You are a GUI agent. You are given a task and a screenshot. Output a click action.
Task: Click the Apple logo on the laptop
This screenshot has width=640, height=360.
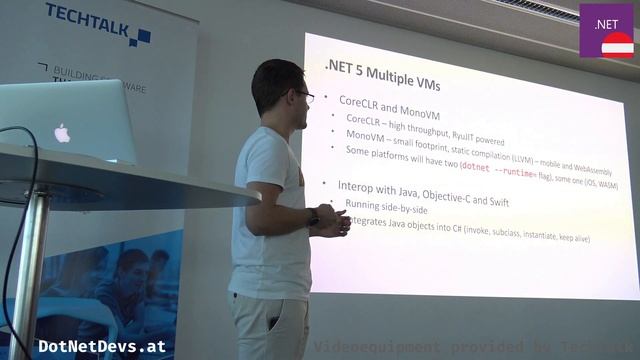coord(62,132)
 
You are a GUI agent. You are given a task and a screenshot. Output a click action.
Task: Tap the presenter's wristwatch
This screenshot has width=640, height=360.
coord(313,218)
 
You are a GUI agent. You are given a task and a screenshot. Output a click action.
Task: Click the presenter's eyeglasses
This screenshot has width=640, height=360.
coord(303,96)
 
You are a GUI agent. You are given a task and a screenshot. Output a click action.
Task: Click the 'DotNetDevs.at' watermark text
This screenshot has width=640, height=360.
coord(100,347)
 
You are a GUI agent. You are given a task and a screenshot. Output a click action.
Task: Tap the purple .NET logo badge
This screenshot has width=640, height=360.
coord(606,29)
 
